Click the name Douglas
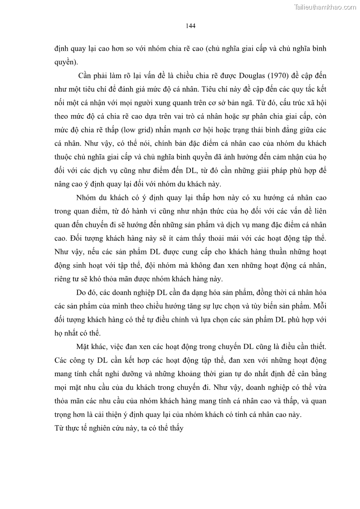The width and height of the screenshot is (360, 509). coord(247,75)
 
